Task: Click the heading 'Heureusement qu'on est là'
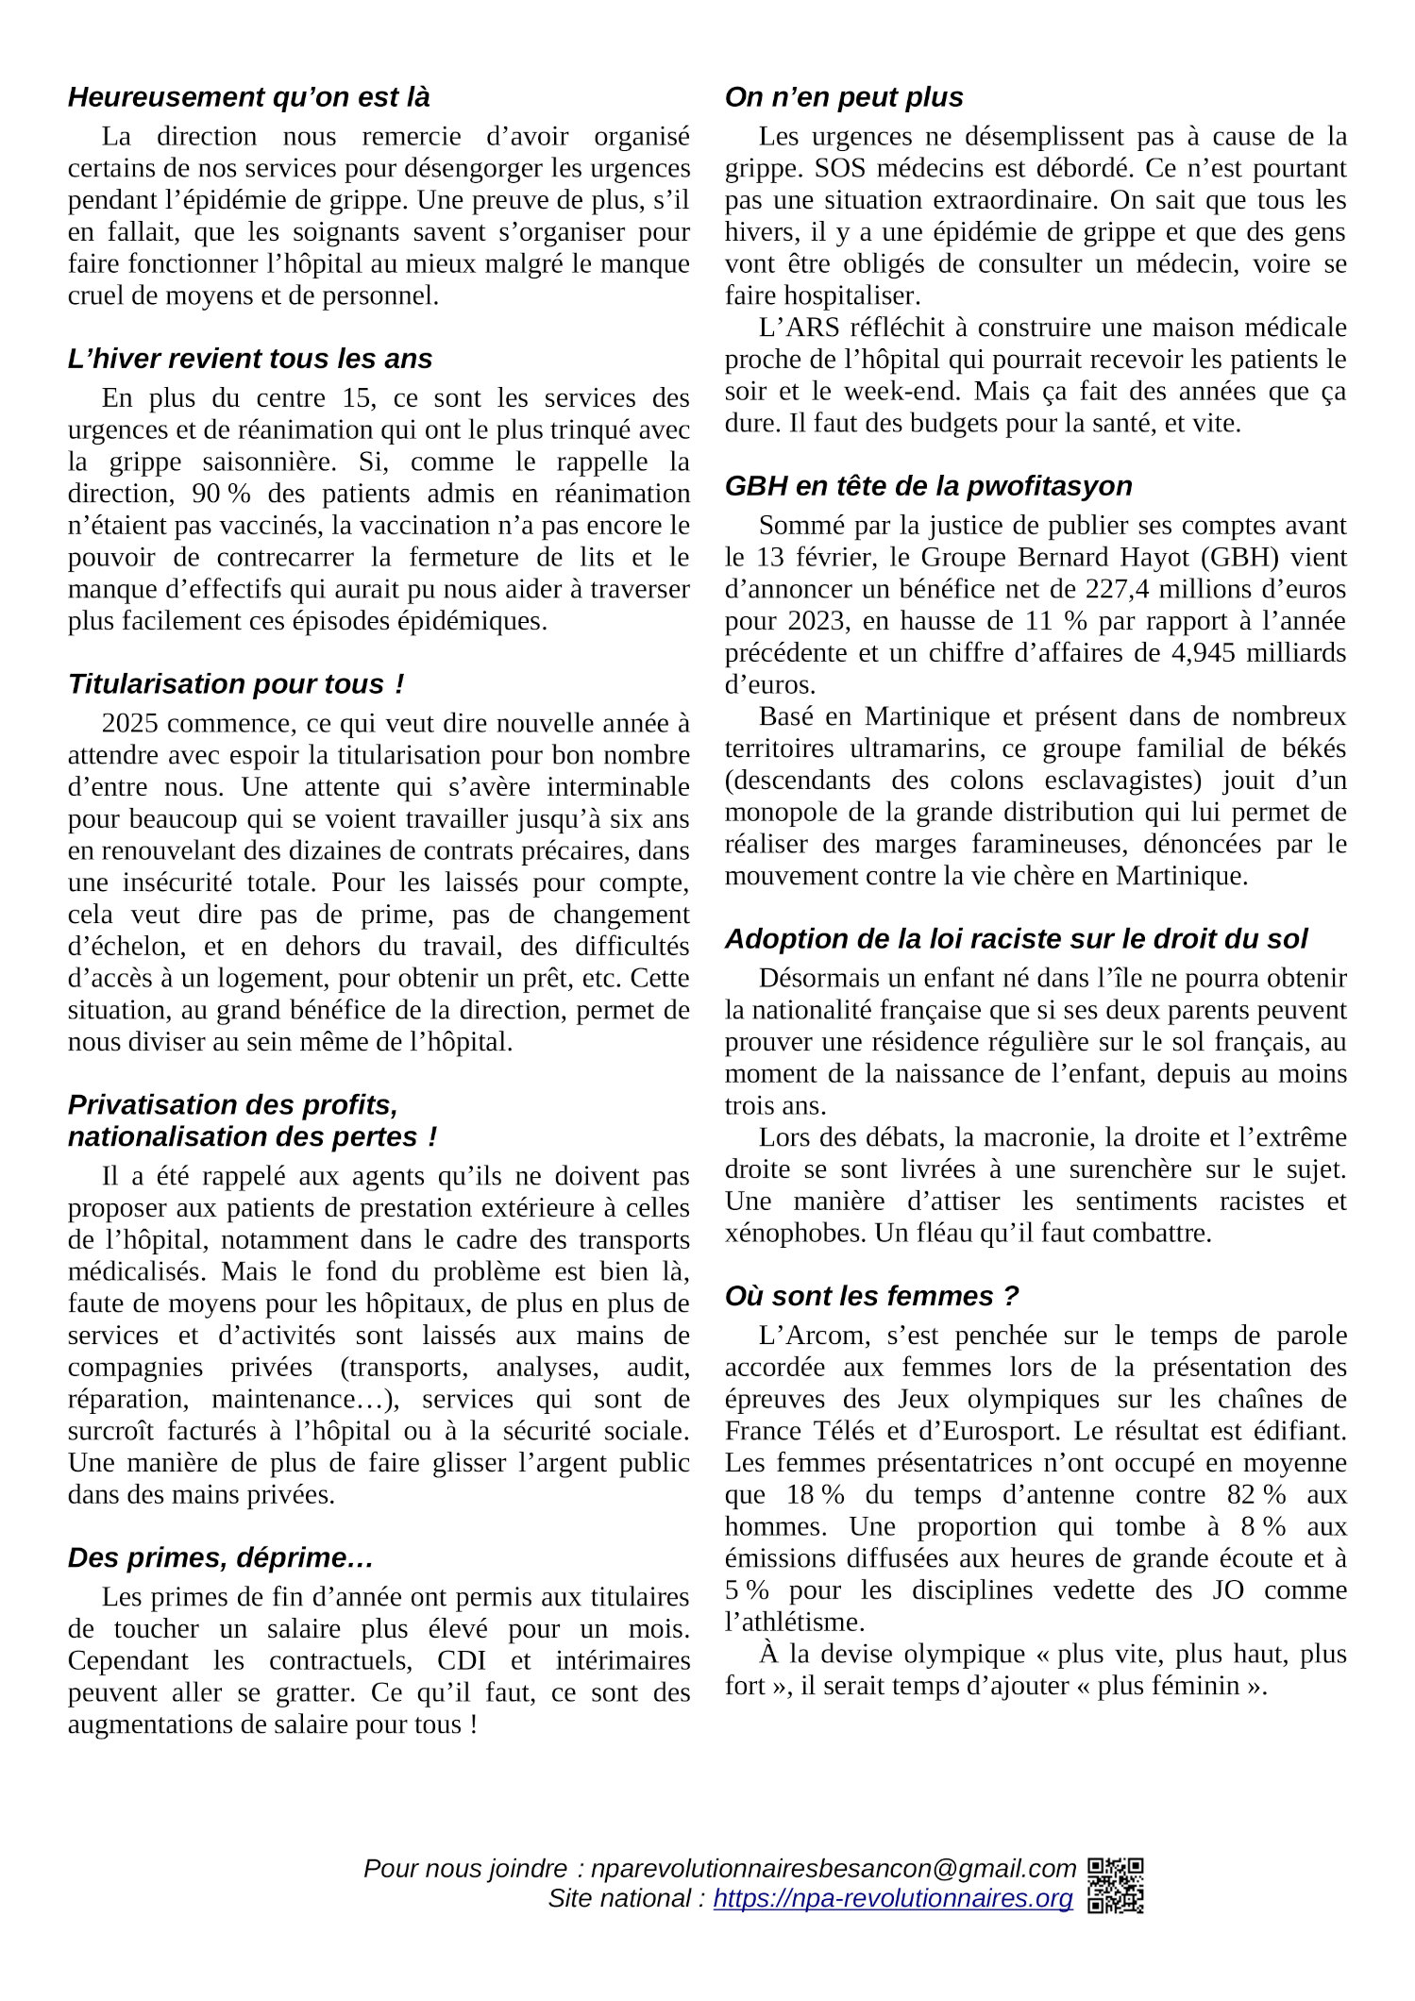click(248, 97)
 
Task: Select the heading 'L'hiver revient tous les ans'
click(250, 359)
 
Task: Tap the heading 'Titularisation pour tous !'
click(236, 683)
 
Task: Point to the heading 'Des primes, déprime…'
click(221, 1557)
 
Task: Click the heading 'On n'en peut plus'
click(844, 97)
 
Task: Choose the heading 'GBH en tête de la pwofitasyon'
click(928, 485)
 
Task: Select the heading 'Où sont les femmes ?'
click(871, 1296)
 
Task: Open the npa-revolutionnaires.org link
click(893, 1898)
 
